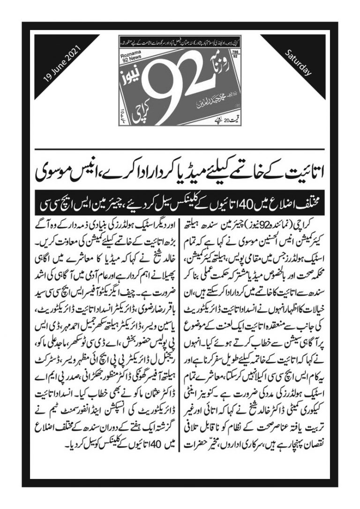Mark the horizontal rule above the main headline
click(180, 148)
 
